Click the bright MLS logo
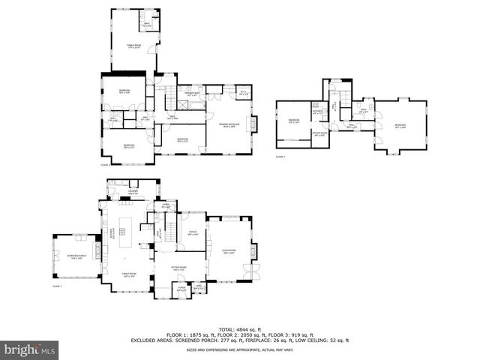pos(30,349)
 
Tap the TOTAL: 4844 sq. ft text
pos(240,329)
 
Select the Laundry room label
pos(133,193)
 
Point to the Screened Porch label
pos(76,257)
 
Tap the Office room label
pos(192,233)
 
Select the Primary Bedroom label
pos(229,126)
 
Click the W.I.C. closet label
pos(243,94)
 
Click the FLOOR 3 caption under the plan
pos(280,157)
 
